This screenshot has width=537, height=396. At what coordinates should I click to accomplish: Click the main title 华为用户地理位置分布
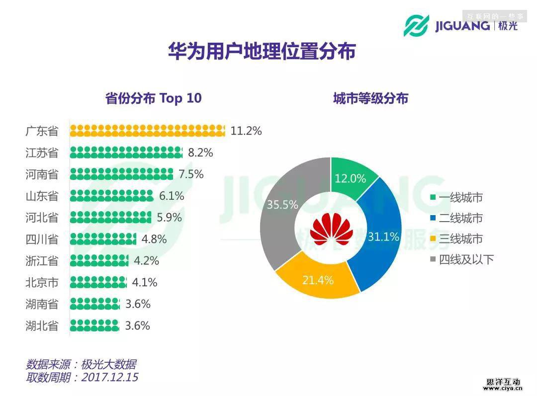click(x=262, y=51)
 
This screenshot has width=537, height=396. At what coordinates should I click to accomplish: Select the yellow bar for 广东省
click(x=147, y=131)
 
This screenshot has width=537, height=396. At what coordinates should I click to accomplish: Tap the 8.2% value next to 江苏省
click(x=200, y=153)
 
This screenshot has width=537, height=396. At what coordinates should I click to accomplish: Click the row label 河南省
click(x=42, y=174)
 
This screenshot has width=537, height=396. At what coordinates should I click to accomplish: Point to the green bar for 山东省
click(x=111, y=196)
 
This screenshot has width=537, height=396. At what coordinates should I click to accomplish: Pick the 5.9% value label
click(x=169, y=218)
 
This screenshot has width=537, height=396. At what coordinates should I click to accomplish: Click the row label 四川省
click(x=42, y=239)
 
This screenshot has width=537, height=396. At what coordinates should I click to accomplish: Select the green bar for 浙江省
click(x=99, y=260)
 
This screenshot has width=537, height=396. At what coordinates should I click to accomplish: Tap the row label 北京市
click(x=42, y=283)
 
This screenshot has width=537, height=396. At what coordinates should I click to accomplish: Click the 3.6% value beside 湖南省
click(x=138, y=304)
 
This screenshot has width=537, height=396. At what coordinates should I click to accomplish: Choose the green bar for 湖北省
click(x=94, y=325)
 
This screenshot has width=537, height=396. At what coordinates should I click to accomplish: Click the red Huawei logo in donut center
click(x=331, y=228)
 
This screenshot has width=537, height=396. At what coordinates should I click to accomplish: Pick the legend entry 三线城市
click(x=460, y=239)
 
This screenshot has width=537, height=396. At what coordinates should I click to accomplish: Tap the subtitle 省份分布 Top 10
click(x=154, y=98)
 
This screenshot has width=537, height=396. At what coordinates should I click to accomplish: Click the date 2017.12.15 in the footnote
click(x=109, y=377)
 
